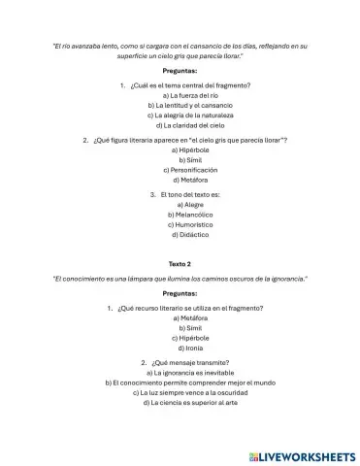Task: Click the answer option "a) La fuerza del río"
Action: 180,96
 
